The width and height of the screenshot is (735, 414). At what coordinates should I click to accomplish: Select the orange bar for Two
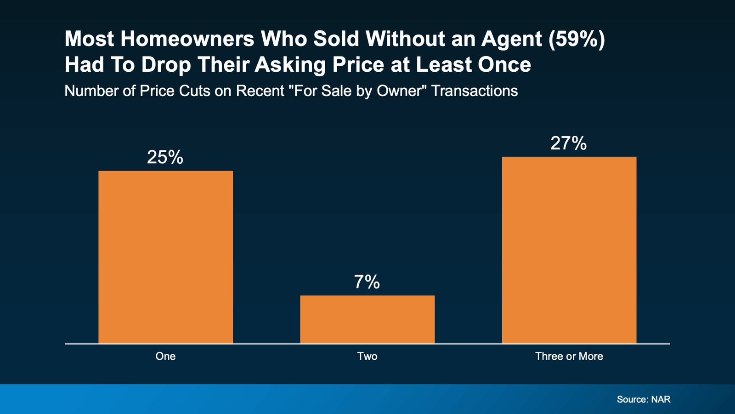point(367,319)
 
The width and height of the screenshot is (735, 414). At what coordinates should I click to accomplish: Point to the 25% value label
point(165,157)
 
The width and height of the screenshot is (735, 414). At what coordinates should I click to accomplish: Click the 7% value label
point(367,282)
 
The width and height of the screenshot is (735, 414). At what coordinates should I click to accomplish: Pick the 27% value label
point(568,144)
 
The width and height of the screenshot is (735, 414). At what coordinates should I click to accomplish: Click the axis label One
point(165,356)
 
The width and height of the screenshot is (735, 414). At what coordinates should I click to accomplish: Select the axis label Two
point(367,356)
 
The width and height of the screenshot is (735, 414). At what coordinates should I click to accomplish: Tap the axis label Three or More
point(569,356)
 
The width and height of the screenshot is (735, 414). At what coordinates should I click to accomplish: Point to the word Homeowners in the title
point(187,40)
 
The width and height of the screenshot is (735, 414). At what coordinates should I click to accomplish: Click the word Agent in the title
point(512,40)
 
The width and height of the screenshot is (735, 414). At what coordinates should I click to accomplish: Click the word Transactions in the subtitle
point(475,91)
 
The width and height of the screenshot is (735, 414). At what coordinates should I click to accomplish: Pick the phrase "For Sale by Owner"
point(357,91)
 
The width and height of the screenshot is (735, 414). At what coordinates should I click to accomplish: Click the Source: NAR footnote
point(644,399)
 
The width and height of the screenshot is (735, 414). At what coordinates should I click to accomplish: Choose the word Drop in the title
point(166,65)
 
